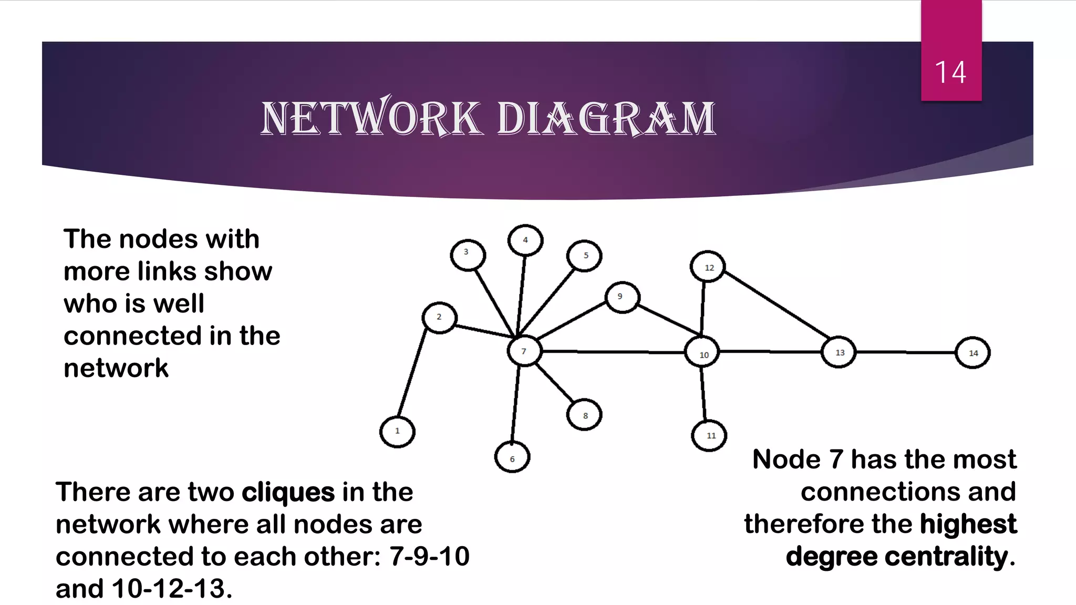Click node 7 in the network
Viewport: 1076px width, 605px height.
(x=524, y=351)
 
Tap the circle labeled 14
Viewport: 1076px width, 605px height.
(x=972, y=353)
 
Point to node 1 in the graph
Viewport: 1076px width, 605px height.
(x=397, y=432)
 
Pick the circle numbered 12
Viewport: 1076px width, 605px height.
(x=708, y=267)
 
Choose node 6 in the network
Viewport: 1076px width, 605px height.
(x=512, y=457)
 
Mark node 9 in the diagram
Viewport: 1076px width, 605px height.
(x=622, y=297)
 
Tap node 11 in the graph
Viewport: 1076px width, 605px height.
(x=709, y=435)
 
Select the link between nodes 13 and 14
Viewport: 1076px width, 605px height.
(x=906, y=352)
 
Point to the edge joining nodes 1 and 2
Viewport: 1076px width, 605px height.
(x=412, y=372)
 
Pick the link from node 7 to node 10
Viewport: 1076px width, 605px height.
(x=613, y=351)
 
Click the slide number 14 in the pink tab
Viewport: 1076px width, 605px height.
(x=950, y=72)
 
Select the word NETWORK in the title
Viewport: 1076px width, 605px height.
(x=370, y=118)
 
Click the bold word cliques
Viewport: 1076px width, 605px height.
(x=288, y=492)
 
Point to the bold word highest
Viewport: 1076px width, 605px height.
(x=968, y=524)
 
